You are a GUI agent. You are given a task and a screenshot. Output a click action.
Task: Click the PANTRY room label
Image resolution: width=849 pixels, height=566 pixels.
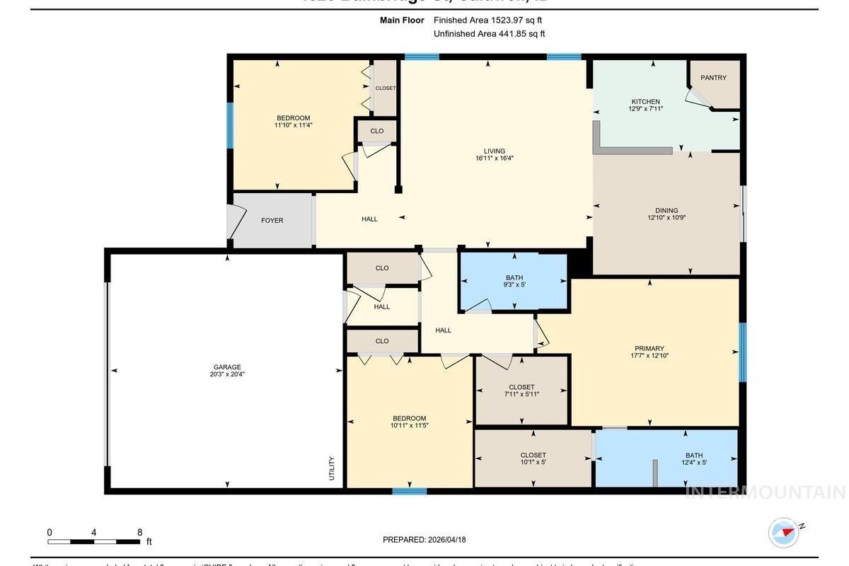713,78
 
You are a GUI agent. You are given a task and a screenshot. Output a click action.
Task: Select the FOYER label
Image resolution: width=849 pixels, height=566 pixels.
272,221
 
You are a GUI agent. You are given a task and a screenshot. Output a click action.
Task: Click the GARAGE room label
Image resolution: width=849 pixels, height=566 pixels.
227,367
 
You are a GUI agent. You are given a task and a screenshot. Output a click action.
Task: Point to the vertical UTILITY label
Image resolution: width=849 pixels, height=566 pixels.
331,468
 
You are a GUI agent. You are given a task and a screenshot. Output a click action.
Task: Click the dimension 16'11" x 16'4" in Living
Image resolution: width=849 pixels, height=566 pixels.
494,158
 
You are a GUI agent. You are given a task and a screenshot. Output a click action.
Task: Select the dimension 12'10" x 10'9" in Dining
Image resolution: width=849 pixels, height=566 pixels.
666,218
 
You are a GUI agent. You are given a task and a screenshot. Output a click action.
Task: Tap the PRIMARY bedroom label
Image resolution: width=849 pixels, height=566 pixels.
649,348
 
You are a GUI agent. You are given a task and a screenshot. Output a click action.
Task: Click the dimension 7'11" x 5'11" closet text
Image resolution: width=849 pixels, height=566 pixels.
521,394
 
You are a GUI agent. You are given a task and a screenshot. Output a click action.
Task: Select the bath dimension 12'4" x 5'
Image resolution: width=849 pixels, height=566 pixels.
693,463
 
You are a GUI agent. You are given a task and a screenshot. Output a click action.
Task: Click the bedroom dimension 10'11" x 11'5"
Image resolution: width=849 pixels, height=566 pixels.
409,426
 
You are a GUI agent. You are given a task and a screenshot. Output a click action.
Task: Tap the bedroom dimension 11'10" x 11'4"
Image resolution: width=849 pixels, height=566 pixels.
293,125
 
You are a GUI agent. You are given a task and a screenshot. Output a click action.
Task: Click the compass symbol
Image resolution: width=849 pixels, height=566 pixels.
783,533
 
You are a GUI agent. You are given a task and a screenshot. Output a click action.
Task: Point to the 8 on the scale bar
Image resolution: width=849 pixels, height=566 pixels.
139,533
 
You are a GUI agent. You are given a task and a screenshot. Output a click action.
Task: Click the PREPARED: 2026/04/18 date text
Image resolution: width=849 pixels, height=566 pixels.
424,540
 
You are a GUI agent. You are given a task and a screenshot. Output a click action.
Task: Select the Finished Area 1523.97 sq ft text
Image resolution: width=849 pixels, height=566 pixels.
487,21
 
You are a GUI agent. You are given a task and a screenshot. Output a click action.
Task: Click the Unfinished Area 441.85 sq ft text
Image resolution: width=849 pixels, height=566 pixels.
489,33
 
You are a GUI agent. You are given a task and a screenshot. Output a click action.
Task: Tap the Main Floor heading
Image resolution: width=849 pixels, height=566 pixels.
401,21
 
